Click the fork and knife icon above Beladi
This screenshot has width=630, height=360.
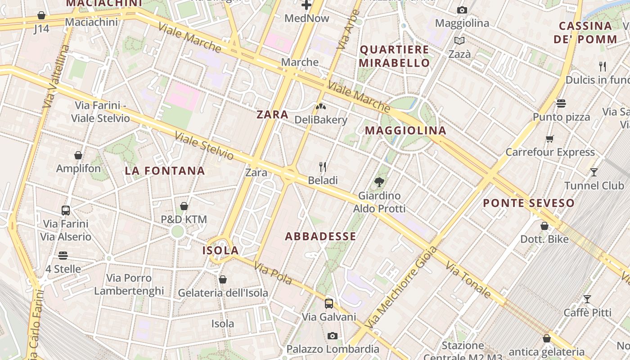pos(323,167)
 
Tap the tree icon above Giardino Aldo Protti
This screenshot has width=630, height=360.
pos(379,182)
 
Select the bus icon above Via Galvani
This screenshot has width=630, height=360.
pos(329,303)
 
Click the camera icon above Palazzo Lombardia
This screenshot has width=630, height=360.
pos(333,336)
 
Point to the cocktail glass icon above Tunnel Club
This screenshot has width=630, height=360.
pos(594,172)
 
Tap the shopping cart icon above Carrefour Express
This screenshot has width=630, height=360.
pos(549,139)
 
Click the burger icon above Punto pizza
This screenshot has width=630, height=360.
pos(561,103)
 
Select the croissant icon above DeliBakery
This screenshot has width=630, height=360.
pos(321,107)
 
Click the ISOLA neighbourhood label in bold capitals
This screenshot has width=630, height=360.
pos(220,251)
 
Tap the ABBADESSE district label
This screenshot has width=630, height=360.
pos(320,236)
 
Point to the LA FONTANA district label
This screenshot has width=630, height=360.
pos(165,171)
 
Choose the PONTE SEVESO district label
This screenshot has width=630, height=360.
pos(529,203)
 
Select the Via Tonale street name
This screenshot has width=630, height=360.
pos(468,279)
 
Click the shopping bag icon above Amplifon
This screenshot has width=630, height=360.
pos(78,155)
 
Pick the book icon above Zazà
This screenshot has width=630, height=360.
pos(459,41)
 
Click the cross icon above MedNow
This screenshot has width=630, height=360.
pos(306,5)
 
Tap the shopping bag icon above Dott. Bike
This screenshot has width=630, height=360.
pos(544,226)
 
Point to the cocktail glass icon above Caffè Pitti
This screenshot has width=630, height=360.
pos(587,299)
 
